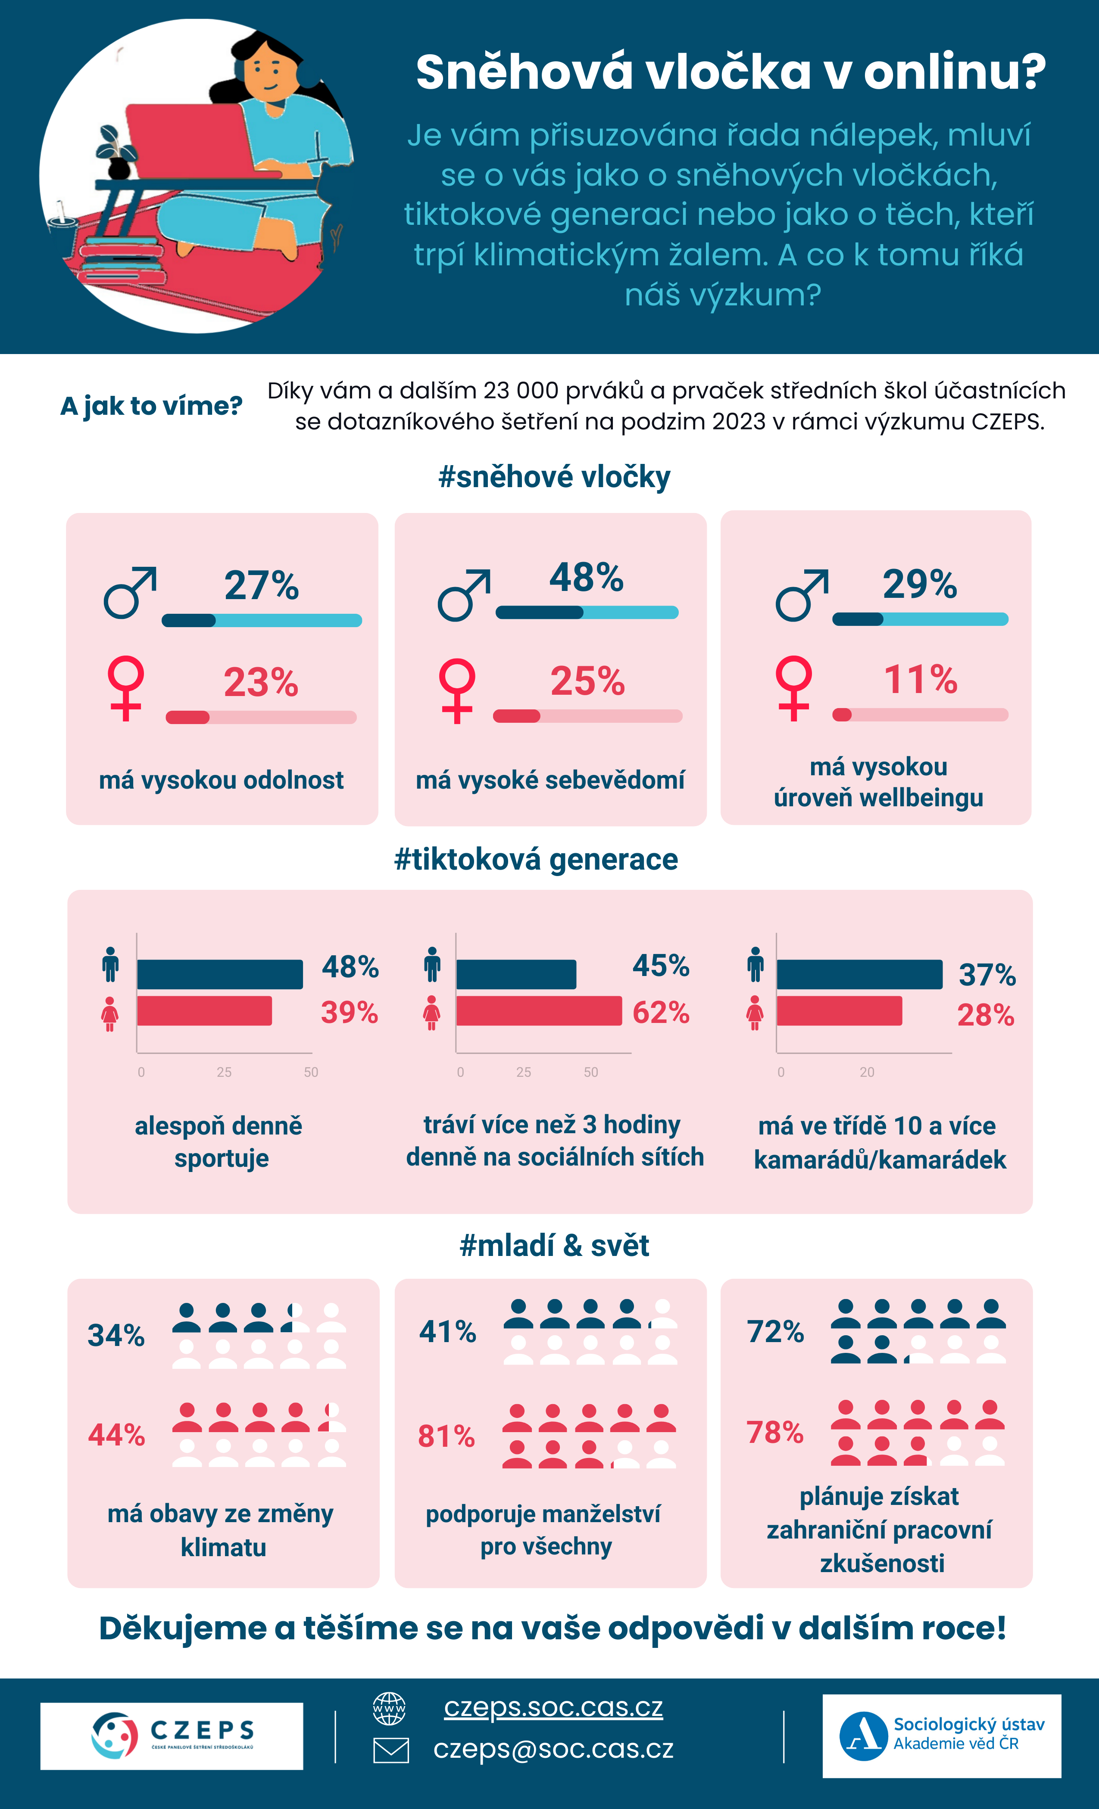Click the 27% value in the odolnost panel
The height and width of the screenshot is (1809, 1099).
click(x=262, y=586)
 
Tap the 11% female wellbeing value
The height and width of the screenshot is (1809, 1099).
click(x=921, y=679)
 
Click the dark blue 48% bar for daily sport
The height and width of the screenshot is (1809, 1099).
click(x=220, y=974)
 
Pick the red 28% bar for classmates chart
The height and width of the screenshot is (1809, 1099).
click(x=839, y=1011)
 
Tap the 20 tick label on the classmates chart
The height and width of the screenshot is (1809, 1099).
click(x=867, y=1072)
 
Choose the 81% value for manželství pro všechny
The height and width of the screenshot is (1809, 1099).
click(x=446, y=1436)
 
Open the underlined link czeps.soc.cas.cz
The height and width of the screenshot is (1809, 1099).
click(x=553, y=1708)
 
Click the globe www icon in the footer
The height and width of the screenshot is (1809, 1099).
click(x=389, y=1708)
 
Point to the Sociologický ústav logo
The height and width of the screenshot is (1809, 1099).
click(x=942, y=1736)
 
